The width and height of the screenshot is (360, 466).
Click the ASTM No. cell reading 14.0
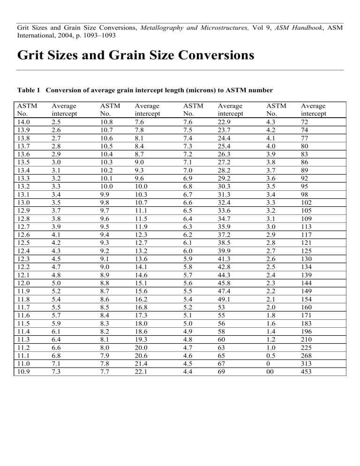coord(23,121)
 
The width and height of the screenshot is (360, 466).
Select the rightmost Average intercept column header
coord(314,110)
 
